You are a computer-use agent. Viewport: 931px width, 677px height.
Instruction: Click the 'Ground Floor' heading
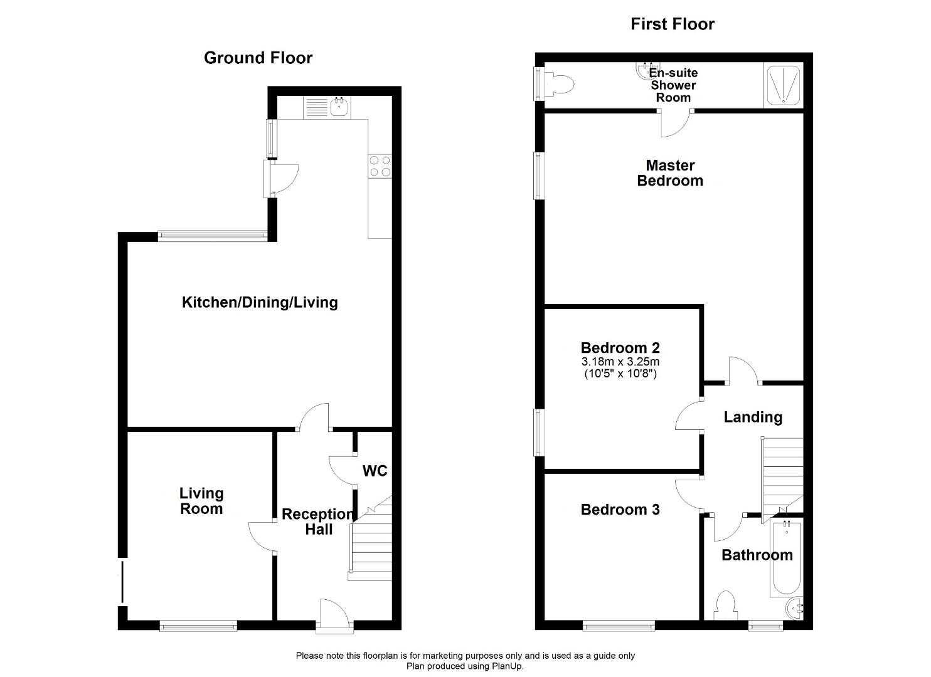[x=258, y=58]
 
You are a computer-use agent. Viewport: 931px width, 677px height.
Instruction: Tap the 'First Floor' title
[x=673, y=24]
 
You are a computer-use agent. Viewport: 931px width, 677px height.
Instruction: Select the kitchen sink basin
[x=340, y=107]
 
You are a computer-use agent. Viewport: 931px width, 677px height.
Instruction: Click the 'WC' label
[x=375, y=471]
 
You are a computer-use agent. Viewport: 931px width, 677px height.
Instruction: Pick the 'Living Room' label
[x=201, y=501]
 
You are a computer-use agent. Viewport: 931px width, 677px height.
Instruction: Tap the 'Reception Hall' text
[x=318, y=522]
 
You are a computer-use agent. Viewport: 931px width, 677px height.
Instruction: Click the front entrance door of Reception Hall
[x=334, y=616]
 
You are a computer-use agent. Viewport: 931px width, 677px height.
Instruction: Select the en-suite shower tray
[x=783, y=85]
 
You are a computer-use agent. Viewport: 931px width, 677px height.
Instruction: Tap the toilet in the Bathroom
[x=726, y=606]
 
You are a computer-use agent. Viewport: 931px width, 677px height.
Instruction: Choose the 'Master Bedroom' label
[x=670, y=173]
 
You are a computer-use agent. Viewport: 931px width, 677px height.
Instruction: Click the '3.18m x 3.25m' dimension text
[x=620, y=361]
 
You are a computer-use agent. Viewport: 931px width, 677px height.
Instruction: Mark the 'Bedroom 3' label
[x=620, y=510]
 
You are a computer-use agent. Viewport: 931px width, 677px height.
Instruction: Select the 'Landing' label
[x=753, y=417]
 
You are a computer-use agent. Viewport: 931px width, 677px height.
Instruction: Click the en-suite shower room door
[x=676, y=123]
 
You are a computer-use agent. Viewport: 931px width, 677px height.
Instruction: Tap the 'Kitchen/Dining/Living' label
[x=260, y=302]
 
